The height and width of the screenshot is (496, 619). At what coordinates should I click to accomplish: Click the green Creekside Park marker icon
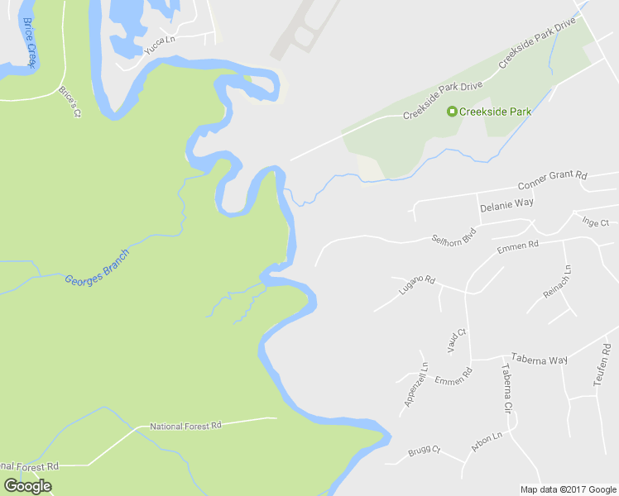tap(452, 112)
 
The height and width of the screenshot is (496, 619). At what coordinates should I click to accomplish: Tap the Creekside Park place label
tap(495, 112)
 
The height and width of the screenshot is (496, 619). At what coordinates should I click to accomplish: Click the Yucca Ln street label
tap(161, 45)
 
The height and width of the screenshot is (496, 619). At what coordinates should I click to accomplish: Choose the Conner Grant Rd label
tap(552, 179)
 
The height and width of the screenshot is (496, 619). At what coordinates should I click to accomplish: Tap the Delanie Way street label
tap(506, 203)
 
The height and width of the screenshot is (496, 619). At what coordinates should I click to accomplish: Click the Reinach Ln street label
tap(556, 283)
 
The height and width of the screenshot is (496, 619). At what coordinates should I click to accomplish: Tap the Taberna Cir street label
tap(505, 388)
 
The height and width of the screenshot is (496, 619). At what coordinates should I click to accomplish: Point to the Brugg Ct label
tap(424, 452)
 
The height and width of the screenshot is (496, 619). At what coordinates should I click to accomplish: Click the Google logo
tap(27, 486)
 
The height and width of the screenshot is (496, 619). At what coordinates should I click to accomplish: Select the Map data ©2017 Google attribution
tap(568, 489)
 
